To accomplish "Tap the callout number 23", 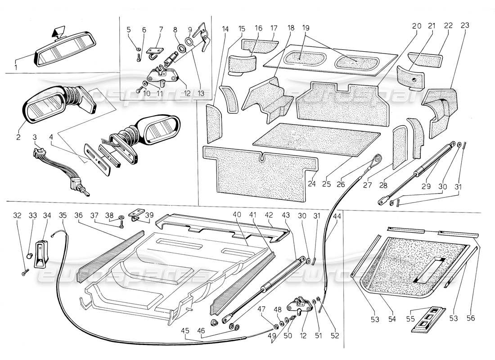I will coord(465,26).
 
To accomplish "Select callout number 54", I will coord(393,319).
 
